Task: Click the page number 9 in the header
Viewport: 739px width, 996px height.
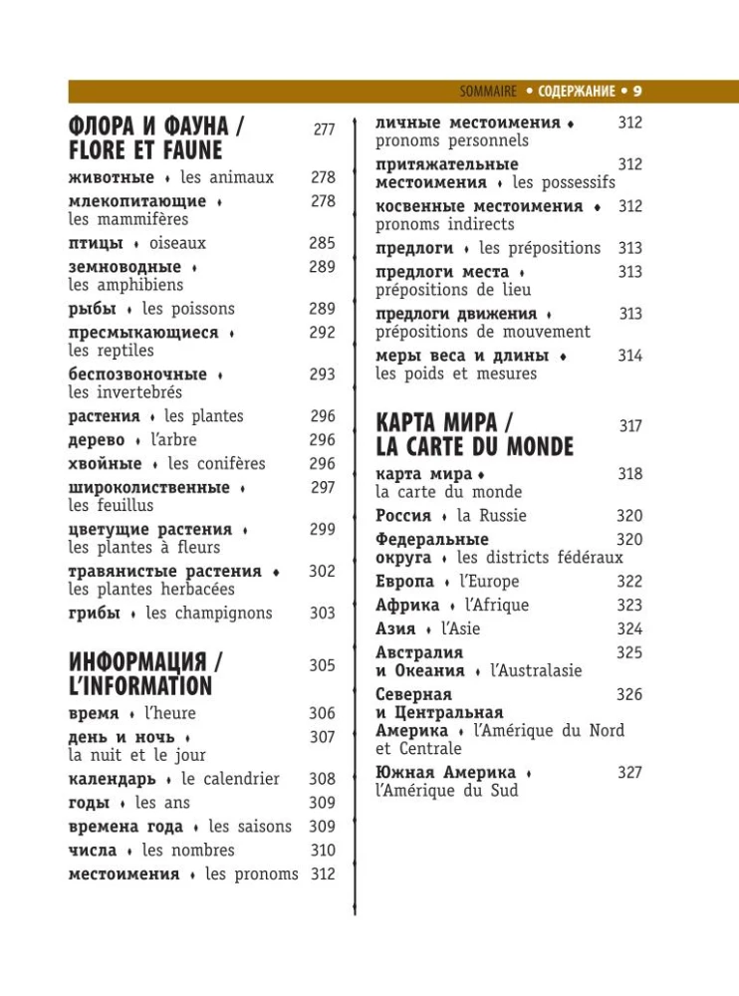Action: click(637, 92)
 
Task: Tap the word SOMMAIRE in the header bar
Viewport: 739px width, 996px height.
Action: click(488, 92)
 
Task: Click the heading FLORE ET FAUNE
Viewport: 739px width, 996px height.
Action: click(145, 150)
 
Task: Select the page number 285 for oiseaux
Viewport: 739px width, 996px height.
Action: click(322, 243)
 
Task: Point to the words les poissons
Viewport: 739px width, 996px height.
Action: click(188, 309)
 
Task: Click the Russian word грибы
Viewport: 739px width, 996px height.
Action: click(93, 614)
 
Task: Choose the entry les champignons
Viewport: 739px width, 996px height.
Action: click(209, 614)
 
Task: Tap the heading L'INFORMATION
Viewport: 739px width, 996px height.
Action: click(140, 686)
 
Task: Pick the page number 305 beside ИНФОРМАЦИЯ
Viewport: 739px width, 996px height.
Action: click(322, 665)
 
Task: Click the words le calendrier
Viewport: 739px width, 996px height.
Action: click(230, 779)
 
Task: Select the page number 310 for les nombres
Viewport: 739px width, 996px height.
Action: click(322, 851)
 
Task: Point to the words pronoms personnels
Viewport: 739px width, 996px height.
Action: click(452, 141)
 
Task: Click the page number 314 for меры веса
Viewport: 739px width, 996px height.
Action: click(629, 356)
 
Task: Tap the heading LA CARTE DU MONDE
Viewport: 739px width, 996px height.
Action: click(475, 446)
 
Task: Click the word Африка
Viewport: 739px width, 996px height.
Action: click(407, 606)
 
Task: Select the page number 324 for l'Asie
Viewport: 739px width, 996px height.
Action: click(629, 629)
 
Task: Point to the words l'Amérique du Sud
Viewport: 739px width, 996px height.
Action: click(447, 791)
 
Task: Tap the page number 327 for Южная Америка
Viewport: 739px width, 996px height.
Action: click(629, 773)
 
